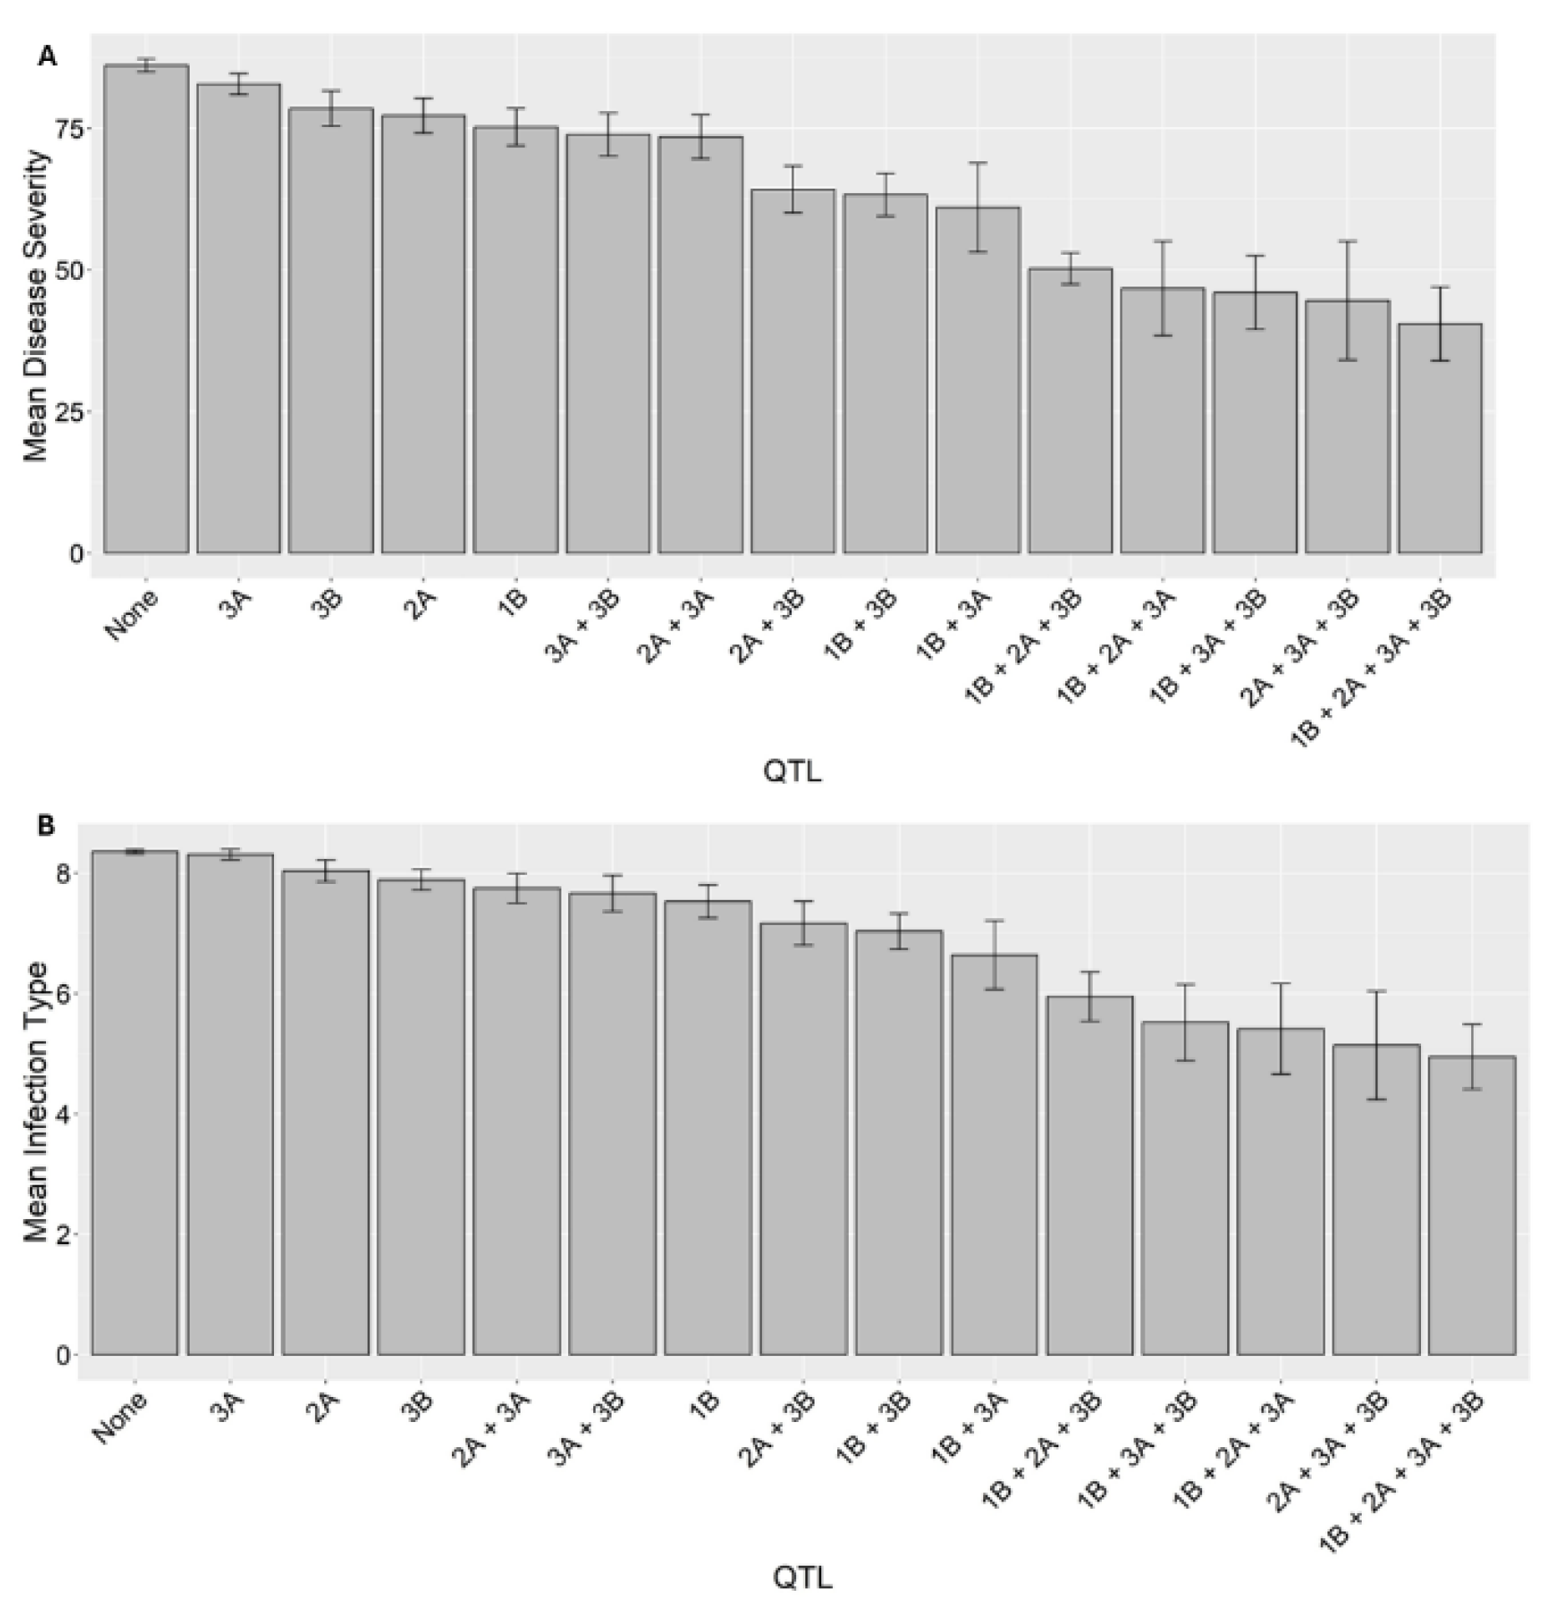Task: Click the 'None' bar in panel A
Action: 146,309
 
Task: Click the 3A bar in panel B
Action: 231,1104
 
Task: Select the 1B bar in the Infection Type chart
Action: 708,1127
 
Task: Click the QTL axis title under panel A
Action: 792,771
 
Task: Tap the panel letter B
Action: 46,826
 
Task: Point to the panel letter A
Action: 48,56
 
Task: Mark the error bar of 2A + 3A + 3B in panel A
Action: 1348,300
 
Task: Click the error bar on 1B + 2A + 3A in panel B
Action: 1281,1029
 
